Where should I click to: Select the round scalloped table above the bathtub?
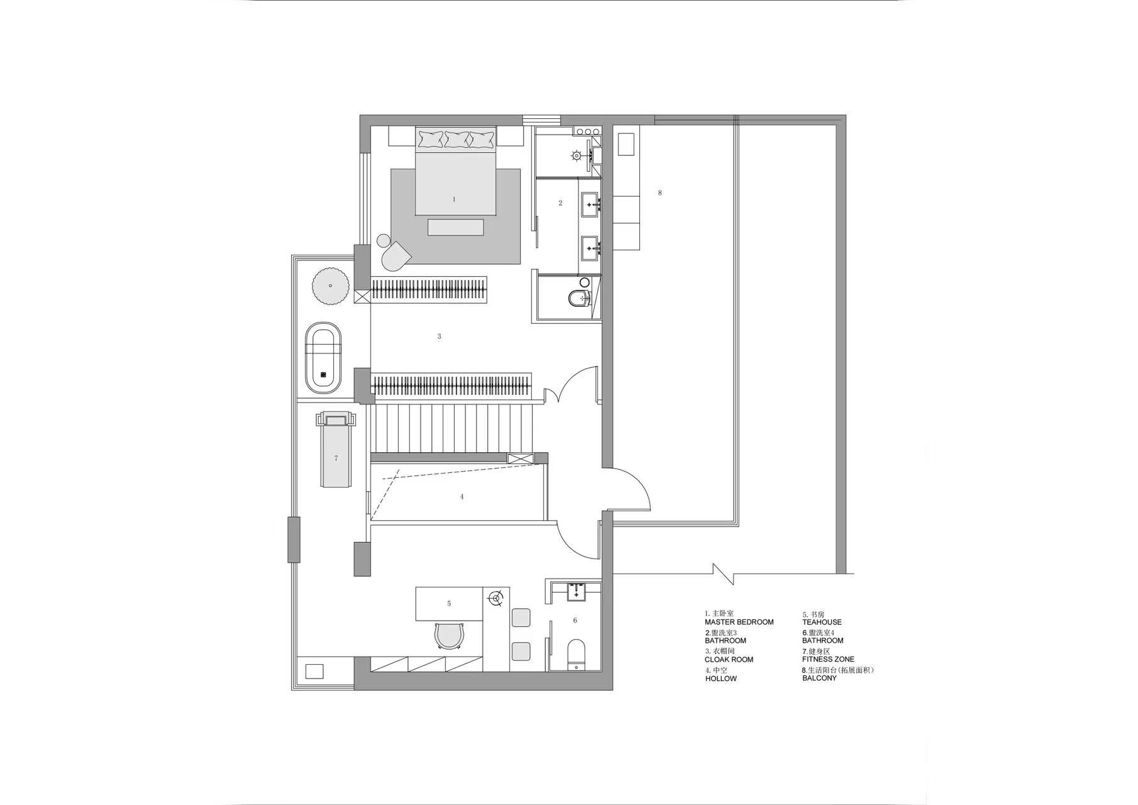pyautogui.click(x=331, y=286)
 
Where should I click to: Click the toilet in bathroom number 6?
pyautogui.click(x=576, y=654)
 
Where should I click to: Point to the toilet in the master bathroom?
pyautogui.click(x=578, y=298)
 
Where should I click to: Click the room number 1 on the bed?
pyautogui.click(x=454, y=199)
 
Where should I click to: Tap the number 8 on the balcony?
pyautogui.click(x=660, y=193)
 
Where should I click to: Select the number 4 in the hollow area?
pyautogui.click(x=462, y=497)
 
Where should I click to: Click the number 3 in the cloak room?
pyautogui.click(x=439, y=336)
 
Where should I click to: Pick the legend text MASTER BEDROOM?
pyautogui.click(x=739, y=622)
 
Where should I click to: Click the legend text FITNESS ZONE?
pyautogui.click(x=828, y=659)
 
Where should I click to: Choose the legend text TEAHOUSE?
pyautogui.click(x=822, y=622)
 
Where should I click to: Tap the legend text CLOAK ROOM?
pyautogui.click(x=729, y=660)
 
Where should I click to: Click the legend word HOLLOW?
pyautogui.click(x=721, y=679)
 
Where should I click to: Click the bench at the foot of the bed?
pyautogui.click(x=456, y=227)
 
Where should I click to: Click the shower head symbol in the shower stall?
pyautogui.click(x=577, y=155)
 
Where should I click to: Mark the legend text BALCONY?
pyautogui.click(x=819, y=679)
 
